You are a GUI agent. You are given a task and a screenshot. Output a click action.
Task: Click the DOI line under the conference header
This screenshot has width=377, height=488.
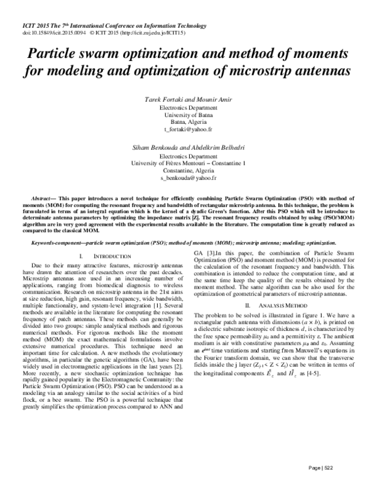coord(94,30)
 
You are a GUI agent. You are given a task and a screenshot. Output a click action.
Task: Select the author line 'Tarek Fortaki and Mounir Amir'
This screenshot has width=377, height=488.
coord(188,99)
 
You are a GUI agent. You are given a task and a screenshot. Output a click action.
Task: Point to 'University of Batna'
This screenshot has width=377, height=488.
coord(188,114)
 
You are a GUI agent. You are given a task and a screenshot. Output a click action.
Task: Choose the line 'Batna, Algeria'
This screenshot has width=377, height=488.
coord(188,122)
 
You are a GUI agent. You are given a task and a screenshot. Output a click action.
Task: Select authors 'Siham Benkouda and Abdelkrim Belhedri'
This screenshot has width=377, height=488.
coord(188,146)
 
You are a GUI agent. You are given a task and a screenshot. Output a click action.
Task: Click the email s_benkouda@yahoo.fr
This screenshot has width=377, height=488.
coord(188,177)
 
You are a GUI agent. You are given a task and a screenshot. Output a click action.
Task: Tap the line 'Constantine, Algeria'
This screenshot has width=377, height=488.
coord(188,170)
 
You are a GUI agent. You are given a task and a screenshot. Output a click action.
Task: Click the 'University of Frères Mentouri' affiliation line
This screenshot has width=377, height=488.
coord(188,162)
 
